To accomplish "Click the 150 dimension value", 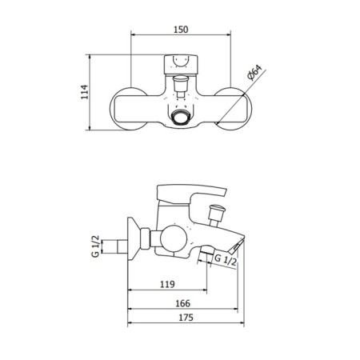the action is coord(181,30).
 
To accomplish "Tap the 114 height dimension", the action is coord(85,92).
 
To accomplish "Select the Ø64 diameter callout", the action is coord(254,72).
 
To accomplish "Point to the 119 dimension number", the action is coord(167,284).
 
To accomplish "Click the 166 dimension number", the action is coord(183,303).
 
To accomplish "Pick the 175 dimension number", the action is coord(186,318).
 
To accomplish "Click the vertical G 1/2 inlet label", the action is coord(95,246).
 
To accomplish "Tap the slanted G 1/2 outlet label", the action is coord(226,259).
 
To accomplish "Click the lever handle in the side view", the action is coord(191,194).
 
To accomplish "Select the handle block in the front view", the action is coord(181,65).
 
